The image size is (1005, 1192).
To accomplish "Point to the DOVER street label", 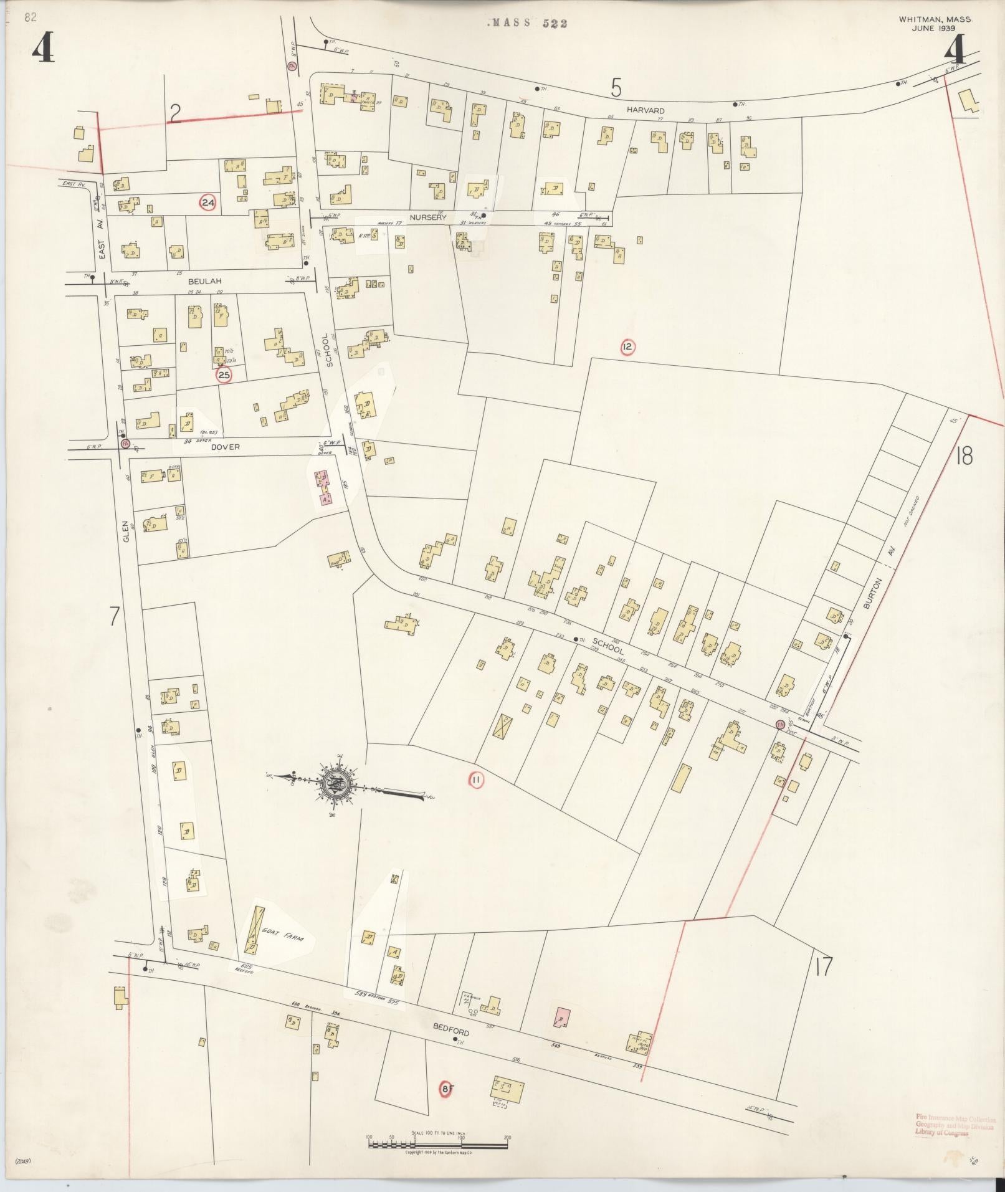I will (225, 446).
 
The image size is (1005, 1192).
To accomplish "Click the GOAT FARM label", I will (282, 937).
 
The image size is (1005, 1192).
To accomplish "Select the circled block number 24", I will (207, 203).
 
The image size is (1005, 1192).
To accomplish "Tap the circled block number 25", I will (224, 375).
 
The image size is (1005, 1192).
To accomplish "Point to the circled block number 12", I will (627, 347).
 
